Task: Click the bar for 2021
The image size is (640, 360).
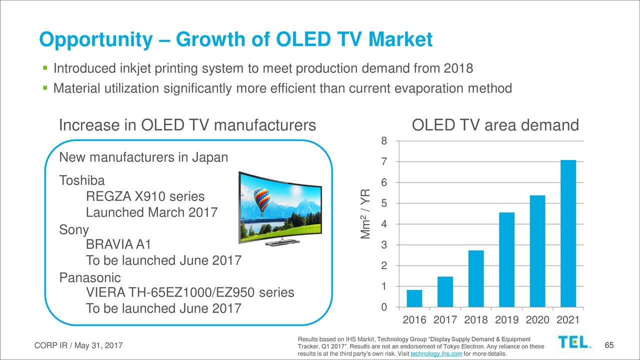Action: [568, 233]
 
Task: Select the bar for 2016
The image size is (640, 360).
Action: [414, 298]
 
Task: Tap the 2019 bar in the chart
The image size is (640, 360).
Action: [506, 259]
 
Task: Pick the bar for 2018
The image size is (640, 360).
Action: [476, 278]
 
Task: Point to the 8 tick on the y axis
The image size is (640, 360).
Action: [383, 141]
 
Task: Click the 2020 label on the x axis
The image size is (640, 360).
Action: [537, 320]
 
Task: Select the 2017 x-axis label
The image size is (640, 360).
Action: [445, 320]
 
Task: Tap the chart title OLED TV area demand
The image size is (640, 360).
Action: [494, 125]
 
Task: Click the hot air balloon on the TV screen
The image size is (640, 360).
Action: [262, 199]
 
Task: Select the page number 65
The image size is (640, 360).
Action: [608, 345]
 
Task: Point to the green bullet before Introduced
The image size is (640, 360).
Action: [44, 67]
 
